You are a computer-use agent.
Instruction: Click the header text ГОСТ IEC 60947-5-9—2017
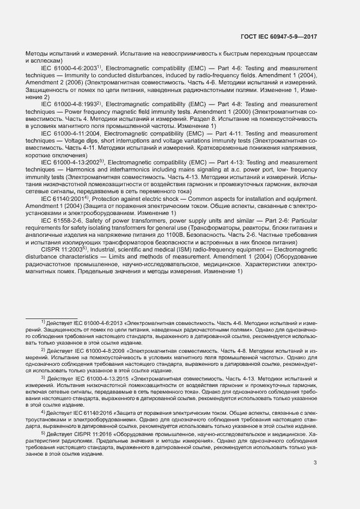coord(279,36)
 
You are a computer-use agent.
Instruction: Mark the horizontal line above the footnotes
coord(52,318)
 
